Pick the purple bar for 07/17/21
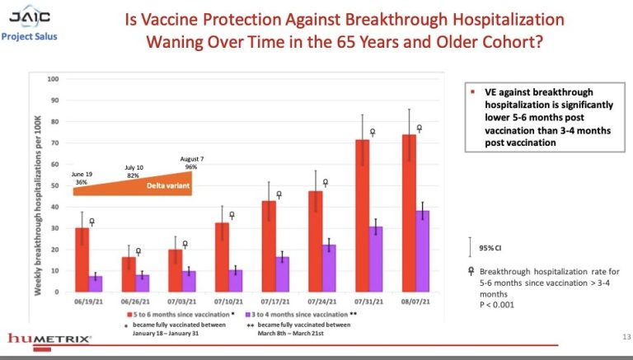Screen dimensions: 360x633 [282, 274]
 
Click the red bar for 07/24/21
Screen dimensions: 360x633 [316, 241]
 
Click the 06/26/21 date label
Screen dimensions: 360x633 [135, 302]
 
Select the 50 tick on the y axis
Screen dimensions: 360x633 [55, 185]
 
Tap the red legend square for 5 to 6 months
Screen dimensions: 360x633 [129, 314]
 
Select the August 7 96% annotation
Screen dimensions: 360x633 [190, 162]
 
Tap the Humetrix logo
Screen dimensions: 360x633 [46, 339]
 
